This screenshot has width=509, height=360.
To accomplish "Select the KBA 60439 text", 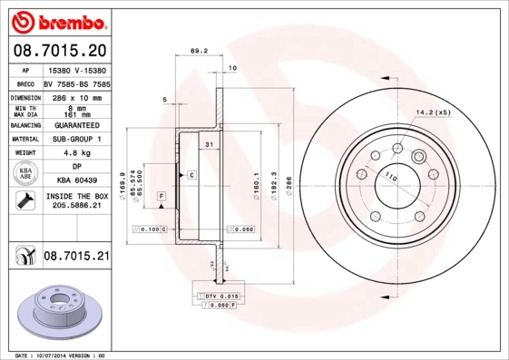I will (75, 181).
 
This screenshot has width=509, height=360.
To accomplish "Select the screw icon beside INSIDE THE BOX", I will (24, 201).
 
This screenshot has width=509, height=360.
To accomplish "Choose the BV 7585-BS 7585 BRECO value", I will (75, 82).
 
